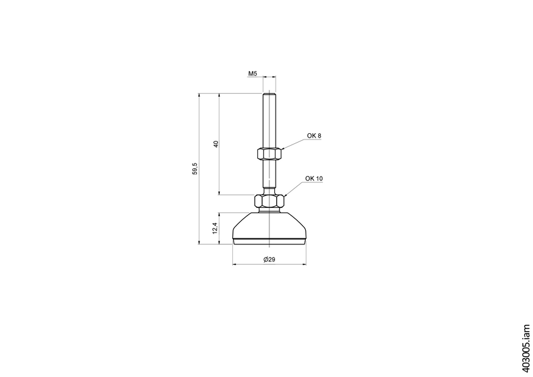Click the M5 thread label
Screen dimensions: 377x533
point(253,74)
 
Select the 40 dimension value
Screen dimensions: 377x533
point(215,145)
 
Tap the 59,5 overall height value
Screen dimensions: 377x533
point(195,168)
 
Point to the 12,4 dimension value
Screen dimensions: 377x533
point(215,228)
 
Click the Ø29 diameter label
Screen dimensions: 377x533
point(269,260)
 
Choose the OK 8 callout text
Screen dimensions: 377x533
point(313,136)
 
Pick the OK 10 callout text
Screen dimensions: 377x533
point(314,178)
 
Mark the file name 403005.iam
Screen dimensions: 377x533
point(525,349)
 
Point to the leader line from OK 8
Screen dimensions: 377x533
point(294,144)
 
